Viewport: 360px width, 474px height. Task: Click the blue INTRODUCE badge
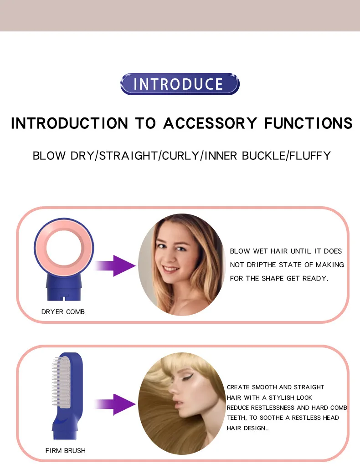[x=180, y=84]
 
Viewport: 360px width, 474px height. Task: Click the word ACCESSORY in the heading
[x=210, y=123]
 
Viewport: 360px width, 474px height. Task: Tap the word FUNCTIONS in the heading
[x=308, y=123]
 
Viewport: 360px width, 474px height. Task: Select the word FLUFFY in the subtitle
[x=310, y=156]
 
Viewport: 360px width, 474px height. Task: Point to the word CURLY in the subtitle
[x=180, y=156]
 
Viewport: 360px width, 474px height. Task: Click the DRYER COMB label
[x=63, y=311]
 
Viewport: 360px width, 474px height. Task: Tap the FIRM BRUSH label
[x=65, y=450]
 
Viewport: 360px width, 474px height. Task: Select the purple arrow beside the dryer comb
[x=115, y=266]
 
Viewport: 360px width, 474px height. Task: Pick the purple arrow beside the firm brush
[x=115, y=404]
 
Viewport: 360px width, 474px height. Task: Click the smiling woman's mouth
[x=170, y=269]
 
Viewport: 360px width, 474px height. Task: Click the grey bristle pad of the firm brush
[x=63, y=382]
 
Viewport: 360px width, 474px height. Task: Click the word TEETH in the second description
[x=237, y=418]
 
